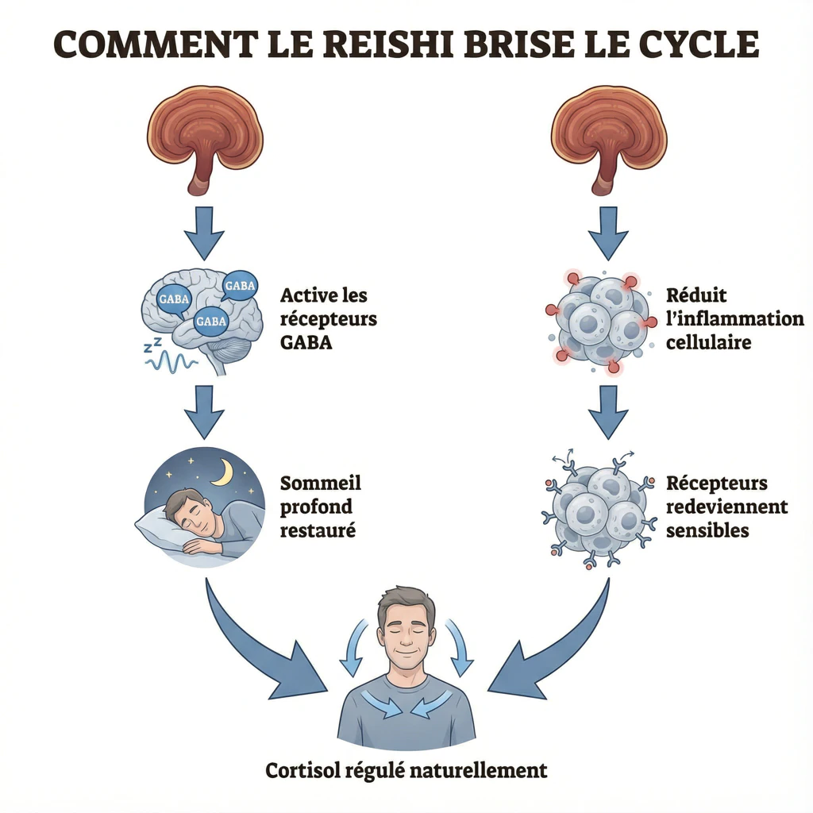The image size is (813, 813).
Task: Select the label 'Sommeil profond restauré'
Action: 321,506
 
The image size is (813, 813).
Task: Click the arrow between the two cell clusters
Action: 608,411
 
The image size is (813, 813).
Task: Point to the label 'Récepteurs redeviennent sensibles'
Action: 726,506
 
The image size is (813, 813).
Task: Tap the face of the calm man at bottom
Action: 406,627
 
